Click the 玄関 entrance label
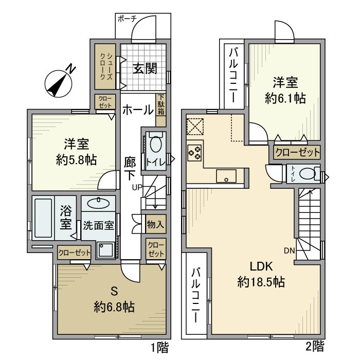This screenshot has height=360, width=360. click(x=145, y=68)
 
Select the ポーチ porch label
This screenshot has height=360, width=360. click(x=127, y=19)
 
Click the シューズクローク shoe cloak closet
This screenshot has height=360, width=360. click(x=105, y=66)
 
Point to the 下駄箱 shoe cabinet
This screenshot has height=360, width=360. click(x=161, y=110)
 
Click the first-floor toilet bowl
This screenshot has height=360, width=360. click(x=156, y=144)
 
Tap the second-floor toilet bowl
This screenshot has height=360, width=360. click(x=307, y=174)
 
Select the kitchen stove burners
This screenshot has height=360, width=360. click(x=194, y=153)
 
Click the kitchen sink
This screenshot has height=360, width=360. click(x=226, y=176)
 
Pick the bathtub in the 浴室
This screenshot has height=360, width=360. click(x=43, y=218)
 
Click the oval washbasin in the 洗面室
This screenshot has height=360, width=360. click(x=99, y=204)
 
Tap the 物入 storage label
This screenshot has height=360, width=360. click(x=155, y=224)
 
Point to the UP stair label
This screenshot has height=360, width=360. click(x=137, y=187)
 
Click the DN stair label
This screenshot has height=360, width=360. click(x=289, y=251)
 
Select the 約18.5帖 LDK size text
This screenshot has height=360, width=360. click(x=261, y=282)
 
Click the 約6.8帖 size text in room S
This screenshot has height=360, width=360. click(x=114, y=307)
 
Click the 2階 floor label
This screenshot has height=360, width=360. click(x=315, y=347)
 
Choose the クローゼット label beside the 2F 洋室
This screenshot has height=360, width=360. click(x=297, y=152)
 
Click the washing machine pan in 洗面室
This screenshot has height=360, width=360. click(x=105, y=250)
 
